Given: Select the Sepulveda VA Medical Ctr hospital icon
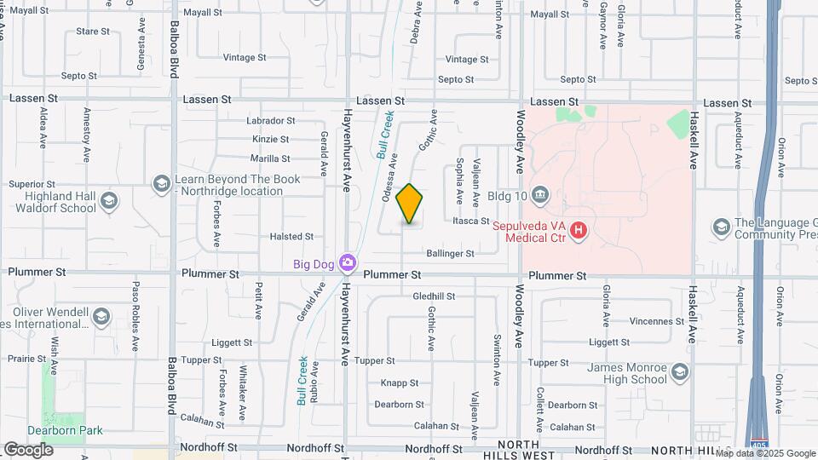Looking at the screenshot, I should [579, 230].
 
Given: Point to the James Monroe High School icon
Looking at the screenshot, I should [680, 371].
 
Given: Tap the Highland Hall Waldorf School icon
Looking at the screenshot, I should [107, 201].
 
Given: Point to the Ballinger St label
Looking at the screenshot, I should [450, 254].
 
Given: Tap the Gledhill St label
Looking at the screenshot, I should [434, 296].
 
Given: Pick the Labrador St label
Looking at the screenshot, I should [270, 121].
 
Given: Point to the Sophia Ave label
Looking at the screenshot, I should [458, 180].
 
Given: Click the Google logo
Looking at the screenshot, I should [29, 449].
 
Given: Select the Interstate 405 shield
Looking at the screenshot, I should [758, 445].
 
